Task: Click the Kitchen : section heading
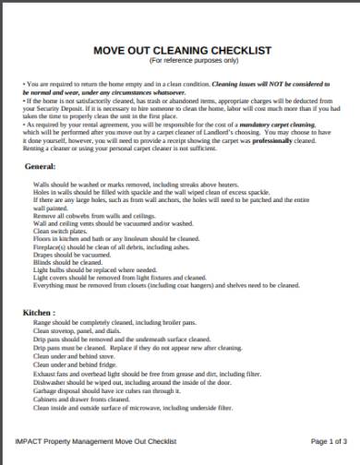[x=41, y=313]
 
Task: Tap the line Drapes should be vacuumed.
[x=67, y=255]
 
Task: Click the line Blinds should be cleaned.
[x=65, y=262]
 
